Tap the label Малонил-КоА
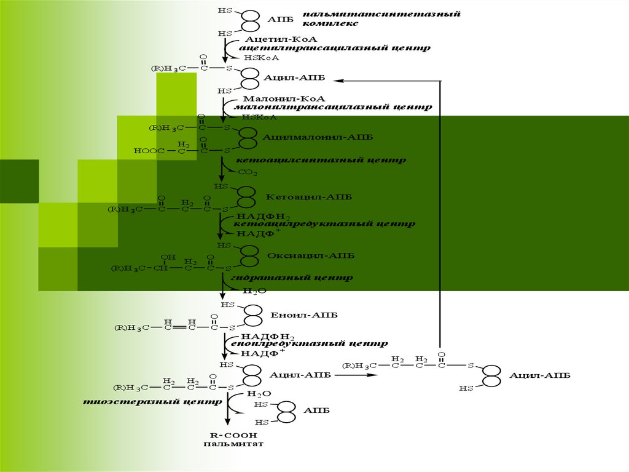point(275,98)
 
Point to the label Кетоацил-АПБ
point(301,198)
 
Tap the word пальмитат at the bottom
point(228,442)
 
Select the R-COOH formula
point(228,434)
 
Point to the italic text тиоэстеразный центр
point(154,402)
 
